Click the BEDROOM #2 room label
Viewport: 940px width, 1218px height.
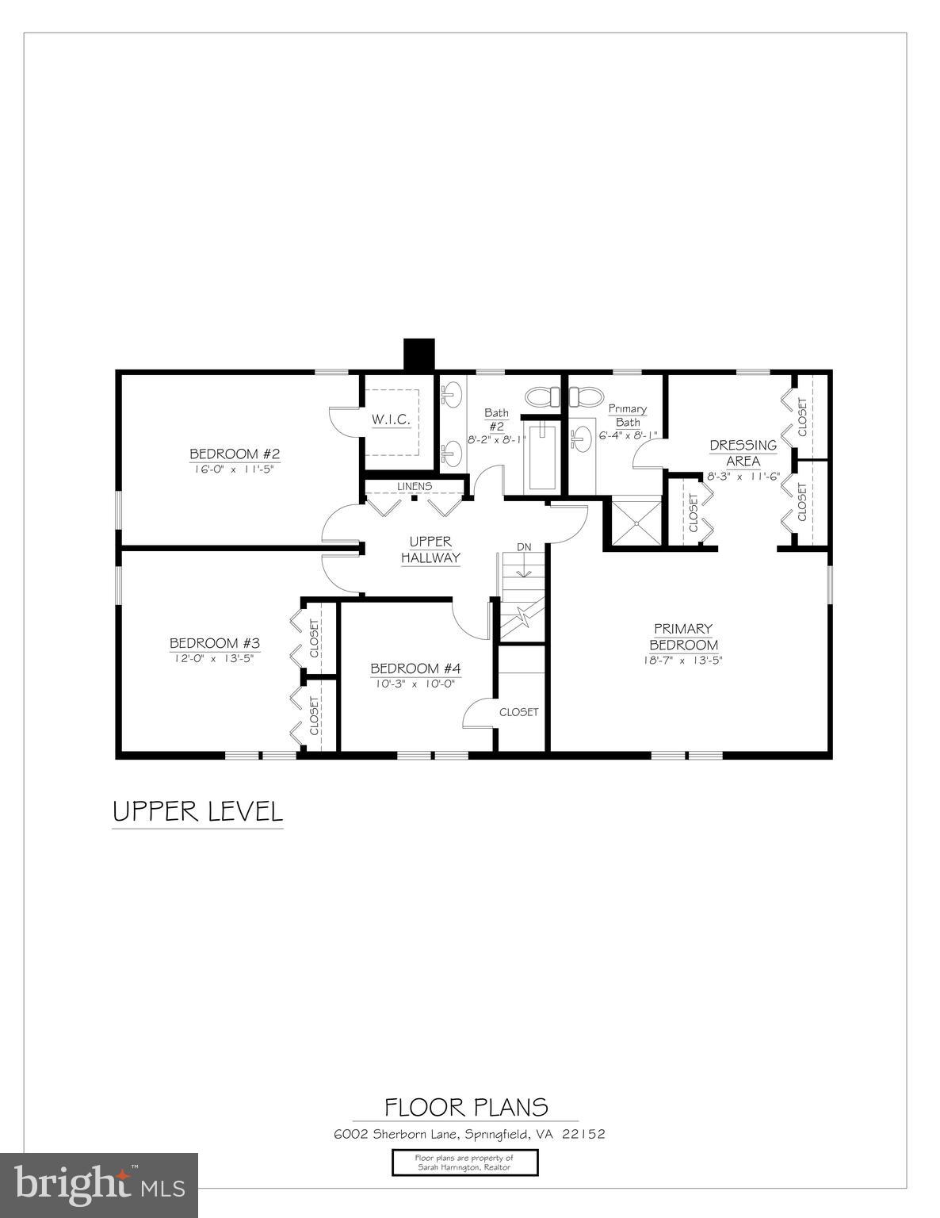pos(235,454)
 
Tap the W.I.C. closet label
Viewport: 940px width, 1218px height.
pos(391,419)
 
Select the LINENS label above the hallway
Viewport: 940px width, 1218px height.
pos(415,486)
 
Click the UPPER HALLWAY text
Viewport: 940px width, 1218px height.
pos(430,550)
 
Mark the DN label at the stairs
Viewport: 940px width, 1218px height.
pos(524,547)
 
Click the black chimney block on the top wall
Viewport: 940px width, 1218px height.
pos(419,354)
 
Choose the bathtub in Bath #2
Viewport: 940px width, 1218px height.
pos(543,457)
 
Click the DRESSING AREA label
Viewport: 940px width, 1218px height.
pos(743,453)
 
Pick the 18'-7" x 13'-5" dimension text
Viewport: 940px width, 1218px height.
pos(683,660)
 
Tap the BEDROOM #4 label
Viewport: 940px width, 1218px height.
pos(415,668)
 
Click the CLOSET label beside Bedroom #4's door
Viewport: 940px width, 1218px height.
pos(518,712)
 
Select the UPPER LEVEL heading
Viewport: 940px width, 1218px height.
pos(197,812)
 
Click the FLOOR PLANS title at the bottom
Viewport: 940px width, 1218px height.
pos(466,1107)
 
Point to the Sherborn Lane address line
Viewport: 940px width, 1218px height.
pos(469,1134)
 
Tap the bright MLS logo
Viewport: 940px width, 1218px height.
pos(99,1185)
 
